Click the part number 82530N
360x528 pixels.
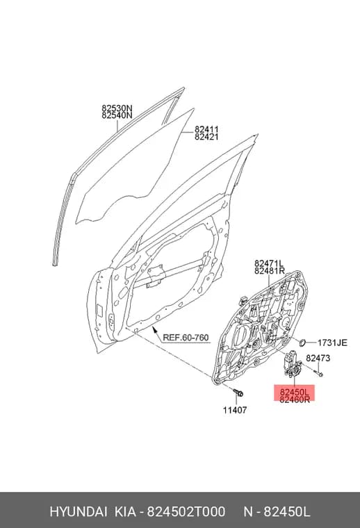click(x=117, y=108)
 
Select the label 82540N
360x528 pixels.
click(x=117, y=115)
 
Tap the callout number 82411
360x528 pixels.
click(x=206, y=129)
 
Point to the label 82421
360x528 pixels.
click(x=206, y=137)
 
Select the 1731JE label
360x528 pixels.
click(x=332, y=343)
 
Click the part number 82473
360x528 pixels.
click(x=318, y=358)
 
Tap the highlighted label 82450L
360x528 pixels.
click(x=294, y=393)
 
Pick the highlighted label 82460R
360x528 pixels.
click(x=295, y=399)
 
